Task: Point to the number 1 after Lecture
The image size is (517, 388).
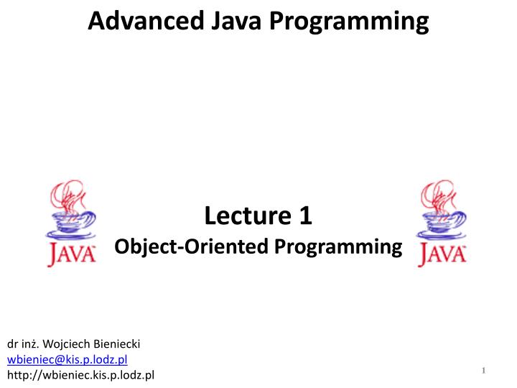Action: [305, 215]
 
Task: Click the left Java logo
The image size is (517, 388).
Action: [71, 223]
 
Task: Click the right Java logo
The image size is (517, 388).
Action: [442, 223]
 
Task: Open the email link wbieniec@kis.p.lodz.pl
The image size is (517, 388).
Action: [67, 360]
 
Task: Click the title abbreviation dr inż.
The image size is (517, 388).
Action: [22, 345]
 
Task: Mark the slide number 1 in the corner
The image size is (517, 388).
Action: [485, 370]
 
